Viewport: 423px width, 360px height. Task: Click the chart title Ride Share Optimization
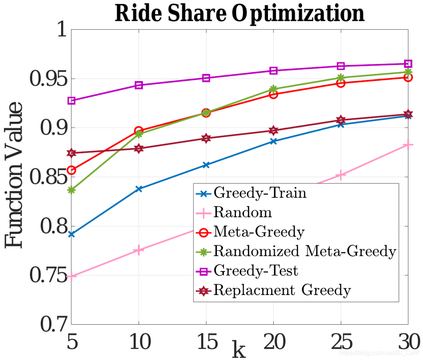tap(239, 14)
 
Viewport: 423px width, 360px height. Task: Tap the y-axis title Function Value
tap(14, 175)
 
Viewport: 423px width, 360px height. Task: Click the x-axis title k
tap(239, 349)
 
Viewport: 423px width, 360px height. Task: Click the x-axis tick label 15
tap(206, 342)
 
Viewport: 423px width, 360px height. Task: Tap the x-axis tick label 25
tap(340, 342)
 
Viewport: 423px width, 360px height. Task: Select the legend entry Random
tap(242, 212)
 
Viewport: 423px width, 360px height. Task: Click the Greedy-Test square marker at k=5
tap(71, 101)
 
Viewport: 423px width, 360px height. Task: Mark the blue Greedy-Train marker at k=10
tap(139, 189)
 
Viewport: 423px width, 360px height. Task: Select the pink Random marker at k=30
tap(408, 145)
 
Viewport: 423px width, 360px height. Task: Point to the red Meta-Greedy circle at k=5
tap(71, 170)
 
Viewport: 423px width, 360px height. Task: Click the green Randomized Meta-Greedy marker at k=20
tap(273, 89)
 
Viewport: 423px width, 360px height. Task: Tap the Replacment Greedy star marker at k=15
tap(206, 138)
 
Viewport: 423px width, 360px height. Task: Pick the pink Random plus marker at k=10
tap(139, 250)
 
